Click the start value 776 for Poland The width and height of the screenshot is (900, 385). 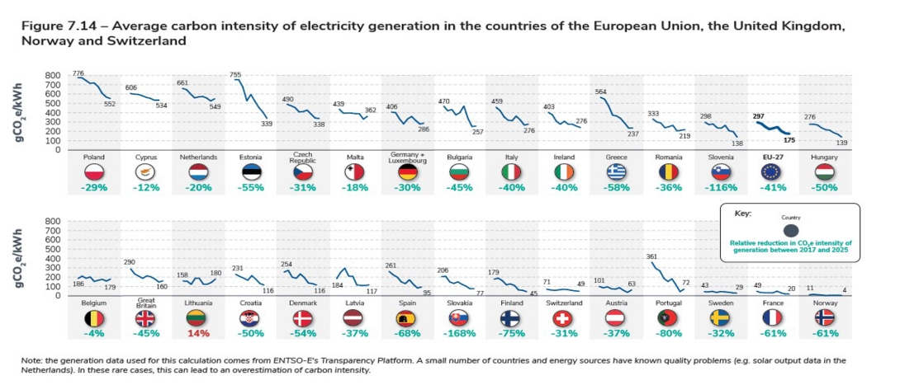click(x=78, y=73)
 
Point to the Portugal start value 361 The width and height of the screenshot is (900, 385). click(x=651, y=256)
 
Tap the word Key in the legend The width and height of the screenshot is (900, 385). click(x=742, y=213)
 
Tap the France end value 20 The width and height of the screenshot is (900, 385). click(x=791, y=289)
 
